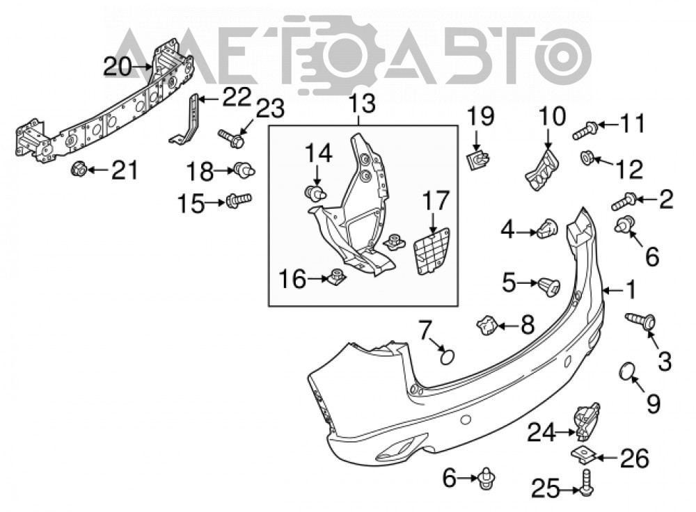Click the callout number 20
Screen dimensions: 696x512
click(118, 67)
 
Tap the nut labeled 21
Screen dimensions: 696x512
click(79, 169)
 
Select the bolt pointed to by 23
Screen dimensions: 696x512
click(231, 138)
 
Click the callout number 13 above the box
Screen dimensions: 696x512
click(362, 104)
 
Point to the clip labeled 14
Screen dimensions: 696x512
click(316, 193)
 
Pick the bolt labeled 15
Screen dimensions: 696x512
click(239, 200)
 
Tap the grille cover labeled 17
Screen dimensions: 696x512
click(431, 251)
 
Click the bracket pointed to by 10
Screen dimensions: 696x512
click(542, 171)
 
